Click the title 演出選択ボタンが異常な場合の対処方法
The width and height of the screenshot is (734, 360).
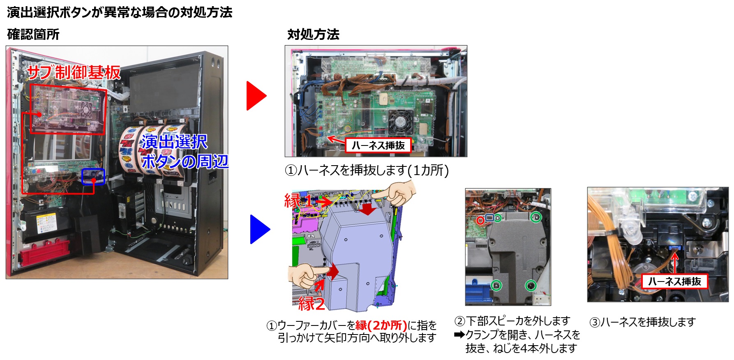point(120,12)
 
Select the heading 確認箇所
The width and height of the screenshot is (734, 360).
point(33,34)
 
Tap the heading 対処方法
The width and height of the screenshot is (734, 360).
point(313,34)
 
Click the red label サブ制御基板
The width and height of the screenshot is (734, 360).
point(74,72)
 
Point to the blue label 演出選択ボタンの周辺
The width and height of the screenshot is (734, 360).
point(185,152)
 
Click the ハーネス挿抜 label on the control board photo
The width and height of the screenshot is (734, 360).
point(378,145)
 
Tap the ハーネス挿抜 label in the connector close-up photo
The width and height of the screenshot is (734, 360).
point(674,282)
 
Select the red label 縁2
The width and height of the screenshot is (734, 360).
point(312,304)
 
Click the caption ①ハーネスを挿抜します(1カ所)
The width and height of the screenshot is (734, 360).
point(367,170)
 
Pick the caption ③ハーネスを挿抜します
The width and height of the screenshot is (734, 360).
point(642,322)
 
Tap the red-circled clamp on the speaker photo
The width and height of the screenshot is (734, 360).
point(480,220)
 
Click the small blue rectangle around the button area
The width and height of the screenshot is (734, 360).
point(93,177)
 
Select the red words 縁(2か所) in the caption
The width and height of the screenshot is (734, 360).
point(381,325)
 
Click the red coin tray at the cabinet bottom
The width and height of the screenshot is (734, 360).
point(45,251)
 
